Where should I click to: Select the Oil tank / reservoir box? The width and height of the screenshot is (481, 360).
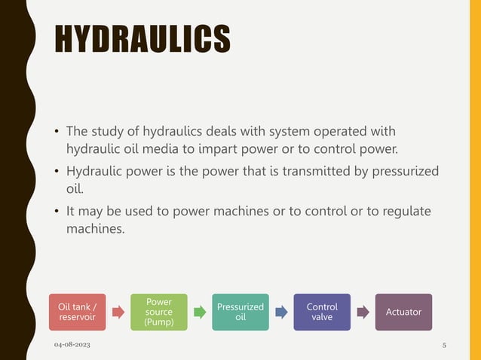(78, 312)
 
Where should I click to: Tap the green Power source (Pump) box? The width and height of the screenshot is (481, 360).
(159, 312)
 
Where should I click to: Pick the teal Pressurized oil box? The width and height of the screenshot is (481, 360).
(240, 312)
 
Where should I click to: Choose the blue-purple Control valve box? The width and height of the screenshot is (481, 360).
(322, 312)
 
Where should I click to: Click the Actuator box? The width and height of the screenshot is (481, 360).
(403, 312)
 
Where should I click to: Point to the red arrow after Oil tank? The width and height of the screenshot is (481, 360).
(118, 312)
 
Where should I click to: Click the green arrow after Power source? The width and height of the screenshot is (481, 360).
(200, 312)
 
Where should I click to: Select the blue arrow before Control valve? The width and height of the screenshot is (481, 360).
(281, 312)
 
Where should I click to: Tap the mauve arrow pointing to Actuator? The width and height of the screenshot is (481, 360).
(363, 312)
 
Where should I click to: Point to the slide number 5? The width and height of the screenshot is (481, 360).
(444, 345)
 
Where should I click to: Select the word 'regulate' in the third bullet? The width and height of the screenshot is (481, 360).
(405, 212)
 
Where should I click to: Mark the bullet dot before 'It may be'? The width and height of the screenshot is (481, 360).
(57, 212)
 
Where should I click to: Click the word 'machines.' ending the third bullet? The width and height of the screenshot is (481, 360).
(95, 227)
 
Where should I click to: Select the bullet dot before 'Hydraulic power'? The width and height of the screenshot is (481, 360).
(57, 171)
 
